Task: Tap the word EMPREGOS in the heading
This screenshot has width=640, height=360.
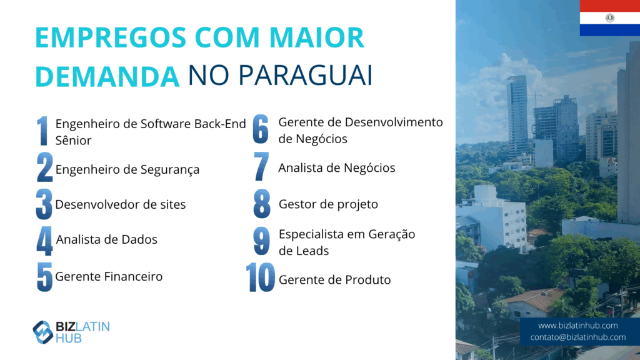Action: click(111, 37)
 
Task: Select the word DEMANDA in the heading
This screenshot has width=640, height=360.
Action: click(107, 76)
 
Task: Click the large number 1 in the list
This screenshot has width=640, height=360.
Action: click(42, 131)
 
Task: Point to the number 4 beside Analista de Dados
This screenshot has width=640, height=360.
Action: click(44, 241)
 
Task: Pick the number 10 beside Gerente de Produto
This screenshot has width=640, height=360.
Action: click(261, 277)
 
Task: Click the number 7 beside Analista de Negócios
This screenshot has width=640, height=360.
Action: click(261, 166)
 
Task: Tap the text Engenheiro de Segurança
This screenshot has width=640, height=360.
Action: click(127, 169)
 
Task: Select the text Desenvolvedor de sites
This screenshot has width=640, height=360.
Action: click(121, 204)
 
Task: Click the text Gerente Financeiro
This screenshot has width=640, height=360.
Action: click(109, 276)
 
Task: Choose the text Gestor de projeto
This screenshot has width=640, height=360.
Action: click(328, 204)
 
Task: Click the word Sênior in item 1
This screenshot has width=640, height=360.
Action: click(74, 140)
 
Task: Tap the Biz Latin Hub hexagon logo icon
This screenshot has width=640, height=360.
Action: click(43, 332)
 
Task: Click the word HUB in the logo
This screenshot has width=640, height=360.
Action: click(69, 338)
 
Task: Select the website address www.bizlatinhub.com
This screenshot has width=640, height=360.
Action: click(577, 325)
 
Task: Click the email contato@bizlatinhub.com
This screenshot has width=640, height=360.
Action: click(577, 337)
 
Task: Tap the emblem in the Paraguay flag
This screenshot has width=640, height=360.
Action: click(610, 17)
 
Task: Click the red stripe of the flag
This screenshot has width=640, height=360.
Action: click(610, 6)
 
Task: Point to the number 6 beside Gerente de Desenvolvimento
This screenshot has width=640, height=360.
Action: click(261, 129)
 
